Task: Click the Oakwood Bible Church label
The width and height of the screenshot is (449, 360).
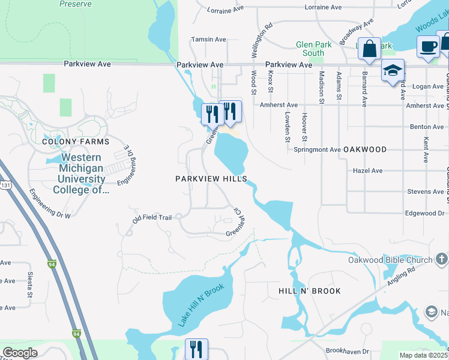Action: tap(390, 260)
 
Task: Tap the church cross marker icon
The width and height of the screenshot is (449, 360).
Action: tap(441, 260)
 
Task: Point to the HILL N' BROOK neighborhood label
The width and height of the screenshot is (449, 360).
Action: tap(310, 291)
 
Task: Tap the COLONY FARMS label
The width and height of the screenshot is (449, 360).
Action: tap(76, 142)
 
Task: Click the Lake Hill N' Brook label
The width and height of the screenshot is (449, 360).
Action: tap(200, 305)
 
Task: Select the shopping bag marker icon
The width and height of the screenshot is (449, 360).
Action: tap(369, 48)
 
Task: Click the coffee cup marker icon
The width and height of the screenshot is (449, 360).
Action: tap(428, 47)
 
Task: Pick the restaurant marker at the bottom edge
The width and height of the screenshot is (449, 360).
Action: tap(196, 349)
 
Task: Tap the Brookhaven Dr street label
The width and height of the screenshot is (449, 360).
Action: tap(347, 350)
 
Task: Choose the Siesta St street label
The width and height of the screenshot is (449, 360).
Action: tap(29, 285)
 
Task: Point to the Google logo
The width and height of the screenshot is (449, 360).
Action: tap(20, 353)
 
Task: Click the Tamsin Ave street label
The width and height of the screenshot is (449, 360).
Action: tap(208, 40)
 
